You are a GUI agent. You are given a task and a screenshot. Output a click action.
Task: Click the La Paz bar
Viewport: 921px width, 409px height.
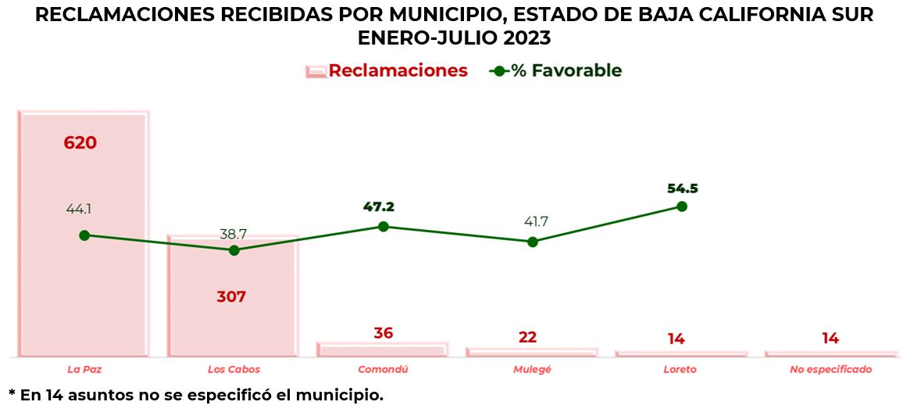[84, 297]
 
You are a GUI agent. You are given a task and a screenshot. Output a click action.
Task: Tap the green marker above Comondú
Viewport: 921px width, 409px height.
[384, 226]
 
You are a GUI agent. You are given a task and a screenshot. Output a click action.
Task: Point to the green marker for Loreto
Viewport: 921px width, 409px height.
[682, 206]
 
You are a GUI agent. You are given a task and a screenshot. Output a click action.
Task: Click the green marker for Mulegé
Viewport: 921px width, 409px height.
[533, 242]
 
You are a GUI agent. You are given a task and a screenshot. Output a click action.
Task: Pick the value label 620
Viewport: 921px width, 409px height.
[80, 143]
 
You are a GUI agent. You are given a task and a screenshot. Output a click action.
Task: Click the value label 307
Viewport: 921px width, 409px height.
[231, 297]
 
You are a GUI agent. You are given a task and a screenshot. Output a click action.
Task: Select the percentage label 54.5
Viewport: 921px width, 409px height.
[683, 188]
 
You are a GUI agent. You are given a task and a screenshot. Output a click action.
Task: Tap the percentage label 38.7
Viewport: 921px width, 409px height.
[234, 234]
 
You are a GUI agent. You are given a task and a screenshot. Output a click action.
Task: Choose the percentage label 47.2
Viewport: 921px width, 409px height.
[379, 206]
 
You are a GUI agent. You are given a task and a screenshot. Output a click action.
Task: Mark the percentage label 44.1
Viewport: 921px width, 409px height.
[84, 210]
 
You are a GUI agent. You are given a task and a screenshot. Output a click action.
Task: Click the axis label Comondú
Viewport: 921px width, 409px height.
[383, 369]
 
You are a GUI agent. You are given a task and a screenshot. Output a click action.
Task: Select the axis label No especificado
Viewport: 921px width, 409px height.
[830, 369]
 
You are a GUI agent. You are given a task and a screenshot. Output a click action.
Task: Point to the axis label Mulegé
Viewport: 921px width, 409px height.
[532, 369]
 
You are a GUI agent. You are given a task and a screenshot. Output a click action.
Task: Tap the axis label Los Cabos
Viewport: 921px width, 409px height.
[234, 369]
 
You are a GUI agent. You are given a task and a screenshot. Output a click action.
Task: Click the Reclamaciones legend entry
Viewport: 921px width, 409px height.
[387, 70]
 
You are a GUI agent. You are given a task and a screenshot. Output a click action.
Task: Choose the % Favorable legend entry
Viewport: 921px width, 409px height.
[556, 70]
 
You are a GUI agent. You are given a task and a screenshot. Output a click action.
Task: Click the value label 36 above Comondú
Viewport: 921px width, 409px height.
[383, 333]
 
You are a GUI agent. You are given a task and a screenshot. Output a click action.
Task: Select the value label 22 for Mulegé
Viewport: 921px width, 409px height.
[527, 337]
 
